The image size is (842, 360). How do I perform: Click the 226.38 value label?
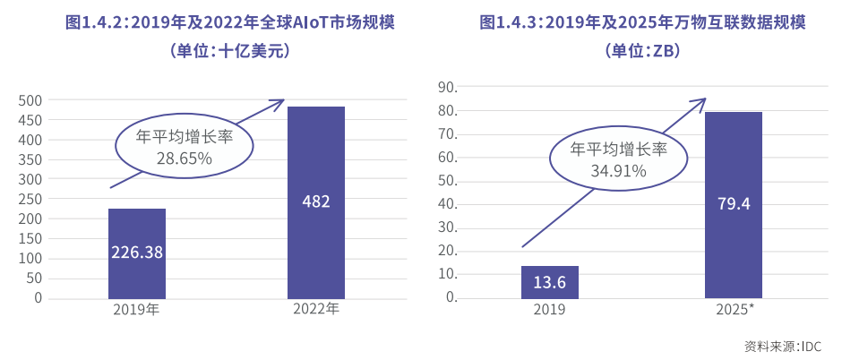coord(137,253)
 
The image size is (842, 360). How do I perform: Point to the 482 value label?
coord(316,201)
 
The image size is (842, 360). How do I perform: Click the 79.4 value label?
coord(734,204)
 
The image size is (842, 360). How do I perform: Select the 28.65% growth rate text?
coord(184,159)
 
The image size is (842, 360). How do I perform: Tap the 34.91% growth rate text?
coord(619,171)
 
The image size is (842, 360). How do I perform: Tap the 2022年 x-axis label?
coord(316,310)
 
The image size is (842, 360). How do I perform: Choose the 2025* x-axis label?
coord(735,310)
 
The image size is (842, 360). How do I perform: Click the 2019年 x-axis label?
coord(136,310)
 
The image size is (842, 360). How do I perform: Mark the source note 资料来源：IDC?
coord(782,347)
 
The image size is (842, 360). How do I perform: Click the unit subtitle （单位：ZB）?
coord(642,51)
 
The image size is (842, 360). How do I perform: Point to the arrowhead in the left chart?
coord(279,101)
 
